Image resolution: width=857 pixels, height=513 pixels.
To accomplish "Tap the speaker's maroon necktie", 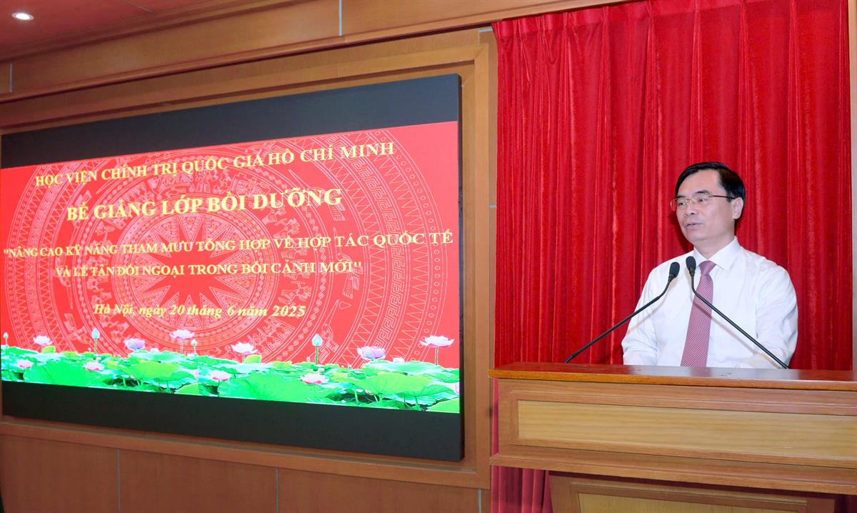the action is [x=698, y=314].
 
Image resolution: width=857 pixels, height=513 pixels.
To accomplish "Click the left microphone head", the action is [x=673, y=271].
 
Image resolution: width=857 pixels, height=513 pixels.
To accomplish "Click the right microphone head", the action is [x=691, y=266].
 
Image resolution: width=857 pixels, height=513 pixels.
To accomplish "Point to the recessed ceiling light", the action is [x=23, y=16].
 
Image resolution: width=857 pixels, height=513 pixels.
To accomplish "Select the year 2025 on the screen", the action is [x=289, y=311].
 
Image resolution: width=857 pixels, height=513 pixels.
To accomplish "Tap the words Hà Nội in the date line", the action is [x=114, y=309].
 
